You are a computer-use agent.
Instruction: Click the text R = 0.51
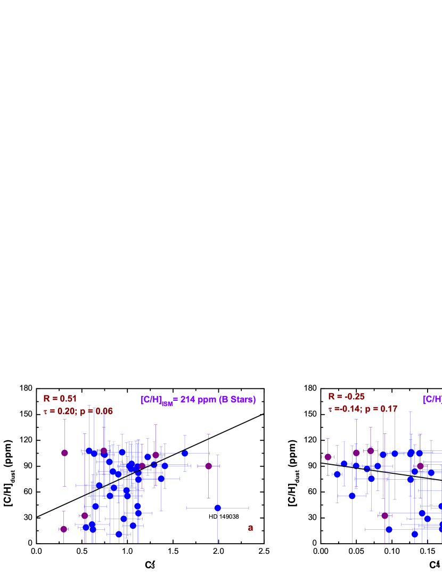(60, 399)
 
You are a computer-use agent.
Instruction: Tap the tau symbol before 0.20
(46, 412)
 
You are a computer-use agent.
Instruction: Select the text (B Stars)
(237, 400)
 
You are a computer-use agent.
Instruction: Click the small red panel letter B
(250, 528)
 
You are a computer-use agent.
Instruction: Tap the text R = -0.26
(346, 397)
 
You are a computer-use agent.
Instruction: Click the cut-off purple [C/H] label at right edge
(432, 399)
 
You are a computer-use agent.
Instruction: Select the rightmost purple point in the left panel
(209, 466)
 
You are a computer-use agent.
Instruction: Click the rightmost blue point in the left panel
(217, 507)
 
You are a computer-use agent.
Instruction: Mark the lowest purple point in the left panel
(64, 529)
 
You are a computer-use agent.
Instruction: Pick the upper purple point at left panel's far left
(64, 453)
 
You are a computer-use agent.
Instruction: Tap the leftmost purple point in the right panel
(328, 457)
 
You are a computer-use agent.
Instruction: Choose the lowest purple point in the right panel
(384, 515)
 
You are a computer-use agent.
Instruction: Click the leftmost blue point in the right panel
(337, 474)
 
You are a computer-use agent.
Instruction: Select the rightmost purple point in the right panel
(420, 466)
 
